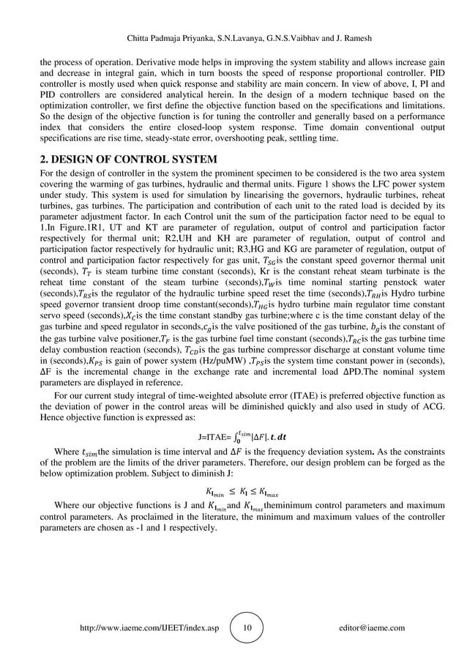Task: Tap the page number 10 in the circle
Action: click(x=246, y=627)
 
